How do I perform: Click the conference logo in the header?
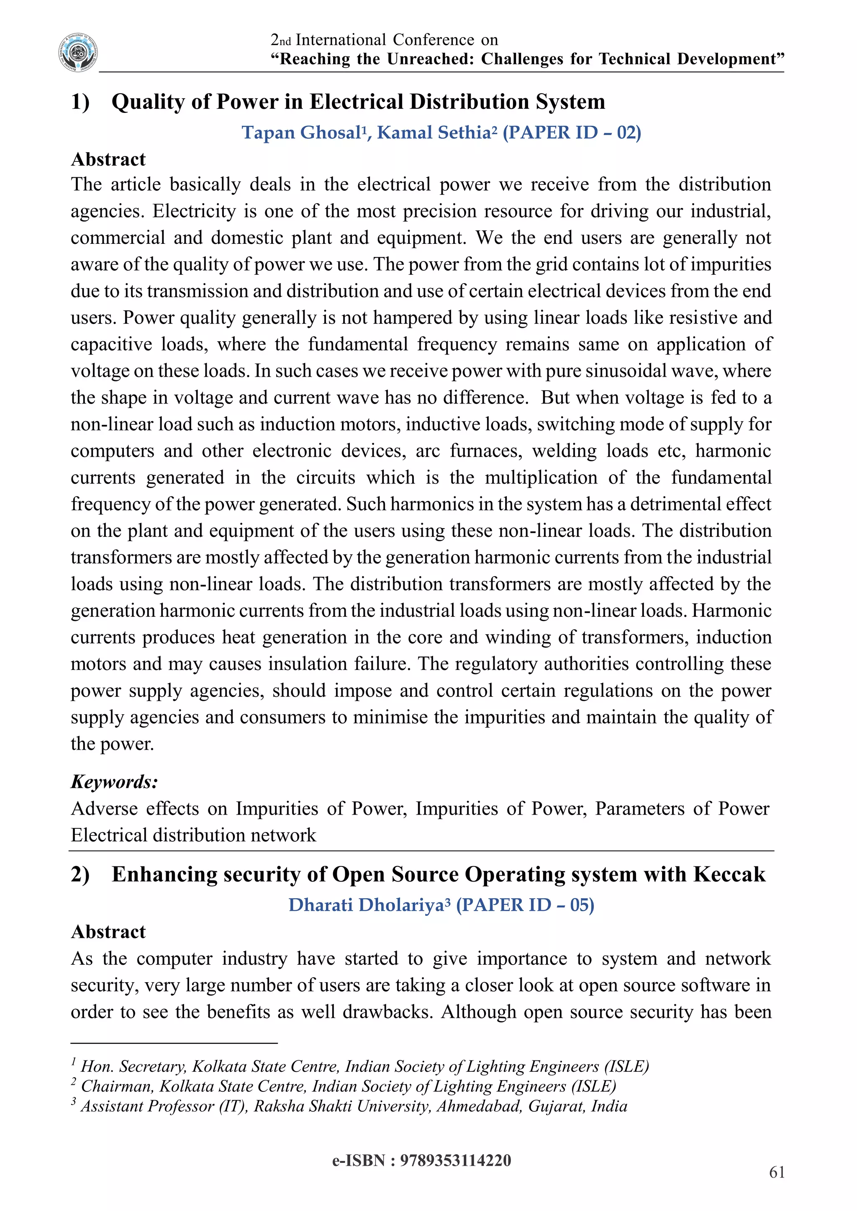78,52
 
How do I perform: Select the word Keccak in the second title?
729,874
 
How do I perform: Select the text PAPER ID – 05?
525,905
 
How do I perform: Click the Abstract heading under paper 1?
108,159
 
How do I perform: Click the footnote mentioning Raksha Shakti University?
354,1106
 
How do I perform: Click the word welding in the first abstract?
564,451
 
